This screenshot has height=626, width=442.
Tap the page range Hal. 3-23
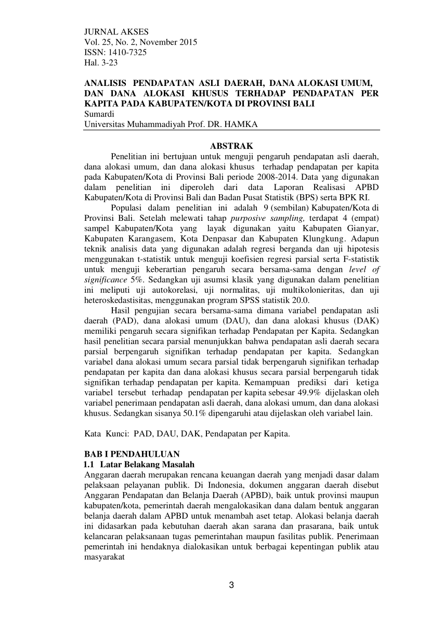coord(100,62)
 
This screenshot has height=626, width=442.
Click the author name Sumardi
coord(98,114)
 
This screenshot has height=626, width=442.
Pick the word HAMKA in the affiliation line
coord(242,124)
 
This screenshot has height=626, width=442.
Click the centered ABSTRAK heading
coord(231,146)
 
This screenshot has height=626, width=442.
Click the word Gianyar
coord(365,227)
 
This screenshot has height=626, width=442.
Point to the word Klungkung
coord(320,237)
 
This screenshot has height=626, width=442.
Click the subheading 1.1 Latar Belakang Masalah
coord(139,464)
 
